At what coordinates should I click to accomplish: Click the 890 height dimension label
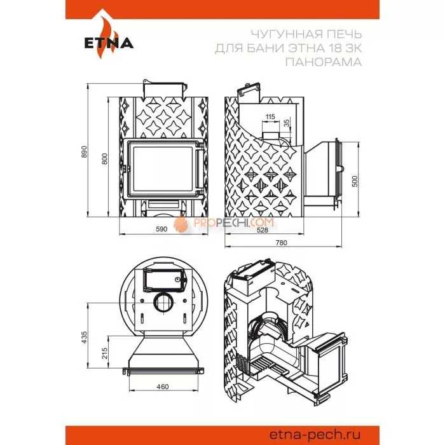coord(84,152)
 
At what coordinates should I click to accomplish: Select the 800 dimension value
coord(105,159)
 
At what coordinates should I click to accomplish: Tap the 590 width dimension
coord(161,229)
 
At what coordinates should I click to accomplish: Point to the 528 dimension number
coord(262,230)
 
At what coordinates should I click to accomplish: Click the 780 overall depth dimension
coord(281,243)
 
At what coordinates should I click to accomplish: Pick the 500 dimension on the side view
coord(355,181)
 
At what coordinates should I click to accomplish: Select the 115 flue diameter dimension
coord(270,116)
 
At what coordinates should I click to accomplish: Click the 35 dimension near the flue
coord(287,123)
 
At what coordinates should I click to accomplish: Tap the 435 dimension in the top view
coord(85,338)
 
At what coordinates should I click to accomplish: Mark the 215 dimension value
coord(105,353)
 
